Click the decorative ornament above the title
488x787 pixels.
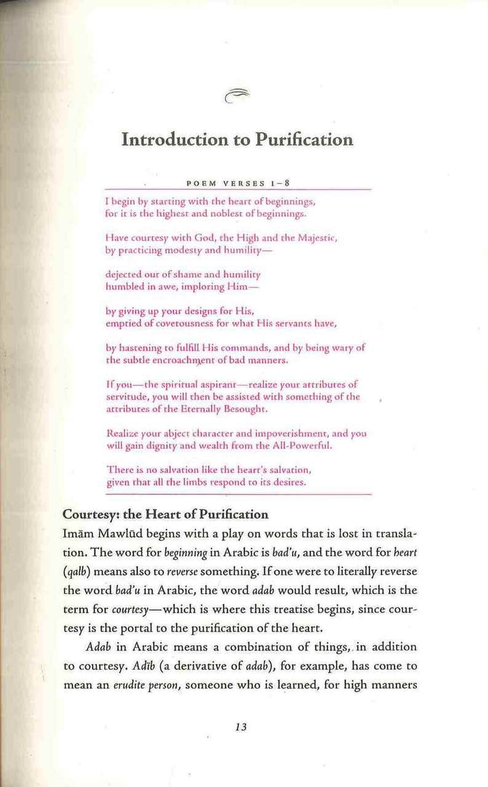235,98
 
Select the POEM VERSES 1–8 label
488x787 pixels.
239,182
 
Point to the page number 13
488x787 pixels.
240,727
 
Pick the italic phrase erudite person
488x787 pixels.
141,685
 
